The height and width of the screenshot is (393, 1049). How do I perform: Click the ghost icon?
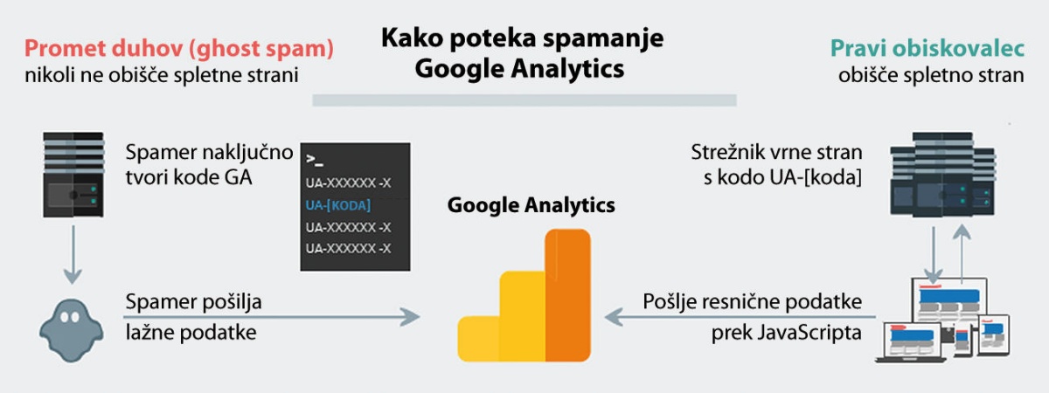click(x=71, y=331)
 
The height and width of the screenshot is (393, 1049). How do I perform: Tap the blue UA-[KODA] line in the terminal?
click(x=337, y=205)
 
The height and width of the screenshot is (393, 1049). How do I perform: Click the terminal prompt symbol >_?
click(x=315, y=160)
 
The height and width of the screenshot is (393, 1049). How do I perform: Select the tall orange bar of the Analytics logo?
click(x=567, y=295)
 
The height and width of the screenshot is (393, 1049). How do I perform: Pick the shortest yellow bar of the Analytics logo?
click(x=479, y=339)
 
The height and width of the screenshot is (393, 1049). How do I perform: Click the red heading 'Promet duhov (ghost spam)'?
click(x=179, y=49)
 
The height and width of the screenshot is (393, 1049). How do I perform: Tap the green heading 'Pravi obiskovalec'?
click(x=927, y=48)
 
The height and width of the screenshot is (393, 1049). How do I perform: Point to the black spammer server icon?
click(x=73, y=175)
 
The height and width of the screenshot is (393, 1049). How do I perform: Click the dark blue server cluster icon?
click(x=942, y=175)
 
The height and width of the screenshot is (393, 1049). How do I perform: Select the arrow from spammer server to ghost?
click(x=73, y=255)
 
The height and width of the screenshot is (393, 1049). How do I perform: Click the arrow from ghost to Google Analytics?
click(x=272, y=317)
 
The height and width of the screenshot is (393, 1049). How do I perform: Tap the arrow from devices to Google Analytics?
click(x=740, y=317)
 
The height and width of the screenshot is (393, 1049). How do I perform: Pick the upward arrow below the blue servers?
click(x=962, y=254)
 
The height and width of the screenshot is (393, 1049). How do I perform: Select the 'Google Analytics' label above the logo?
click(x=531, y=205)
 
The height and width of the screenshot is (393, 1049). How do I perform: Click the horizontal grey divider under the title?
click(x=524, y=100)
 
